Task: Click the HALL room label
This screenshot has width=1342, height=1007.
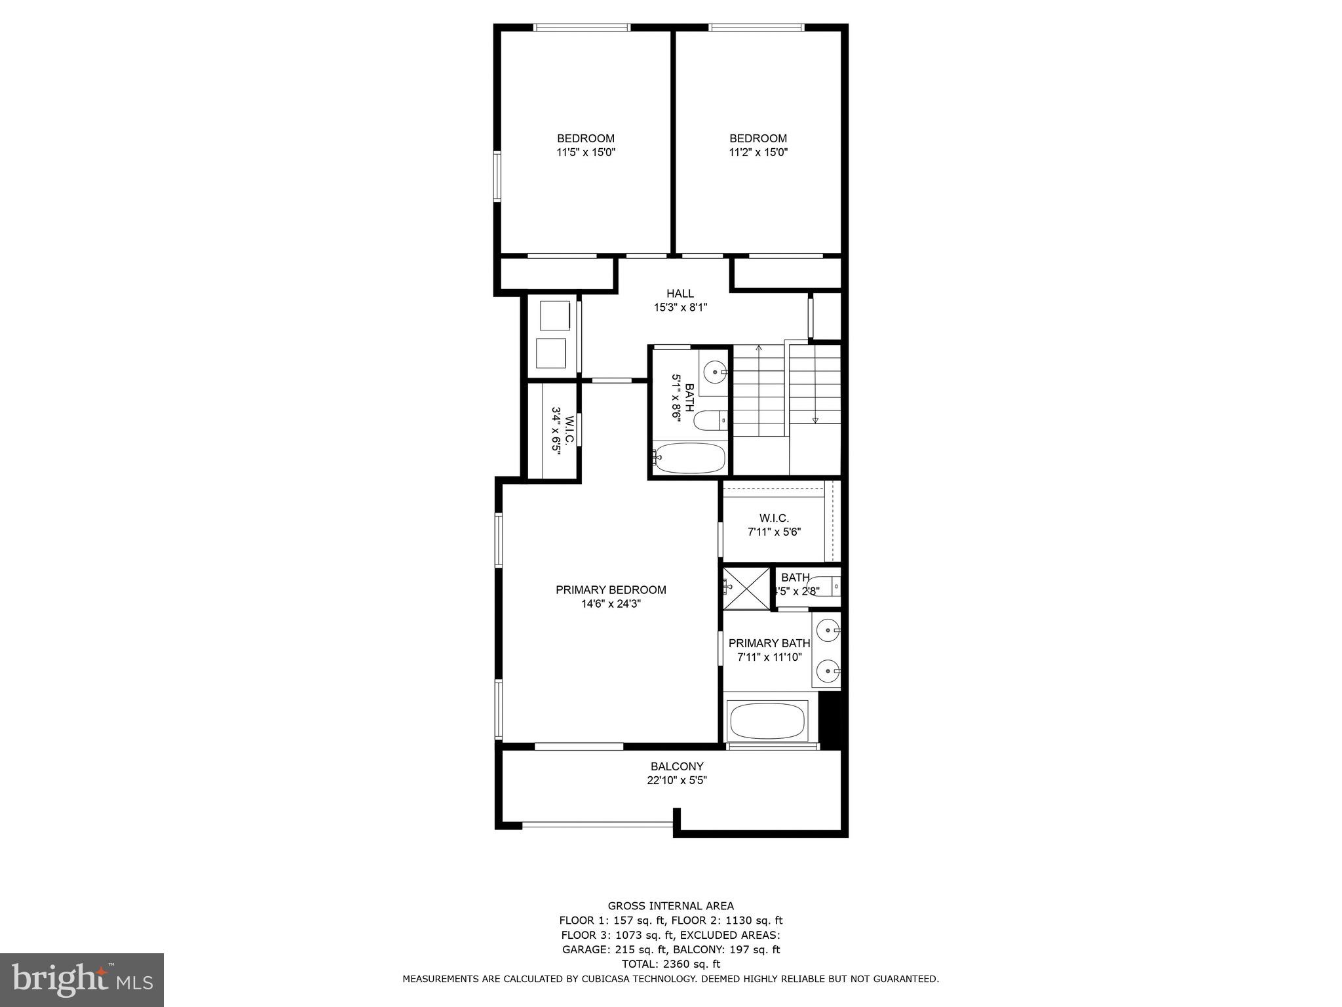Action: (x=680, y=294)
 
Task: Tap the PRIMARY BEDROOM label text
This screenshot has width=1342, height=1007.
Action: (x=611, y=590)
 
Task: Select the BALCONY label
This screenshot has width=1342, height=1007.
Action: (x=677, y=766)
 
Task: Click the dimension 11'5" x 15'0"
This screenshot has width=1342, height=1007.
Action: (x=586, y=153)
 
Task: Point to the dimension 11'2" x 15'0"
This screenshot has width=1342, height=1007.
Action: (x=758, y=153)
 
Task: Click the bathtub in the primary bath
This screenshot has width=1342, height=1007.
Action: (x=767, y=721)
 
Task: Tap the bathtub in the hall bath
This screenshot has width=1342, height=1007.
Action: (x=690, y=458)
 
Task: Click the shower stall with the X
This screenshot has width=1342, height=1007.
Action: (x=746, y=587)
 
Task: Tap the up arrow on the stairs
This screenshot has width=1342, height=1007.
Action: (x=759, y=348)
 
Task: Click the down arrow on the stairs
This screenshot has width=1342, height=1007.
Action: (x=815, y=420)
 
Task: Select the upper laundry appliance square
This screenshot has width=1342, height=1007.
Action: (x=554, y=316)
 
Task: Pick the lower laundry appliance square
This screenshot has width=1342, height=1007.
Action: (x=551, y=353)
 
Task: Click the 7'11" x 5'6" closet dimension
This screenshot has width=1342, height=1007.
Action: (x=774, y=532)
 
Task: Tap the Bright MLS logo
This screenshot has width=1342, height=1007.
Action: (x=82, y=979)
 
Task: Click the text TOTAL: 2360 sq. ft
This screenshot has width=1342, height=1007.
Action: (x=670, y=964)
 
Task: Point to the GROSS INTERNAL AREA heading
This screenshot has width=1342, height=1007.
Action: (x=670, y=906)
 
